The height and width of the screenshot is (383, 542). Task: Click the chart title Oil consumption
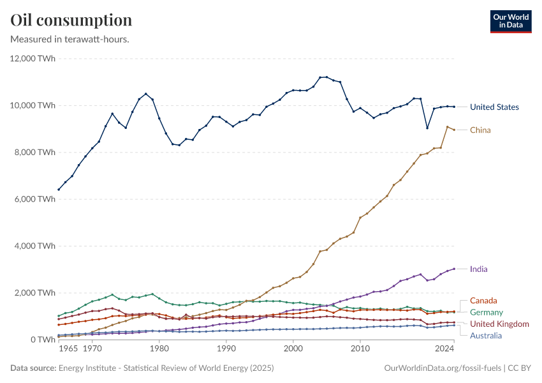(71, 20)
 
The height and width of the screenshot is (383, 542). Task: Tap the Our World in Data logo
(511, 21)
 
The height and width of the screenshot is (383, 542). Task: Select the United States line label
(494, 107)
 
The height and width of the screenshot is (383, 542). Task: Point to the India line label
(479, 269)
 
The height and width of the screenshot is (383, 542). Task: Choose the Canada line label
(483, 301)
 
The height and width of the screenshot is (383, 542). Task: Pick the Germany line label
(486, 312)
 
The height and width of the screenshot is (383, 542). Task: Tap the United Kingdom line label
(499, 324)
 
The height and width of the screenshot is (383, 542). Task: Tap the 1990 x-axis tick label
(226, 350)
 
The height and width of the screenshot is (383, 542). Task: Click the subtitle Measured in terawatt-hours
(70, 40)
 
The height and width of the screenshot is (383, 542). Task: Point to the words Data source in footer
(33, 368)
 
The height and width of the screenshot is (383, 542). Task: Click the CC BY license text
(519, 368)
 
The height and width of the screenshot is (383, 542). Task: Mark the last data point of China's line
(454, 130)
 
